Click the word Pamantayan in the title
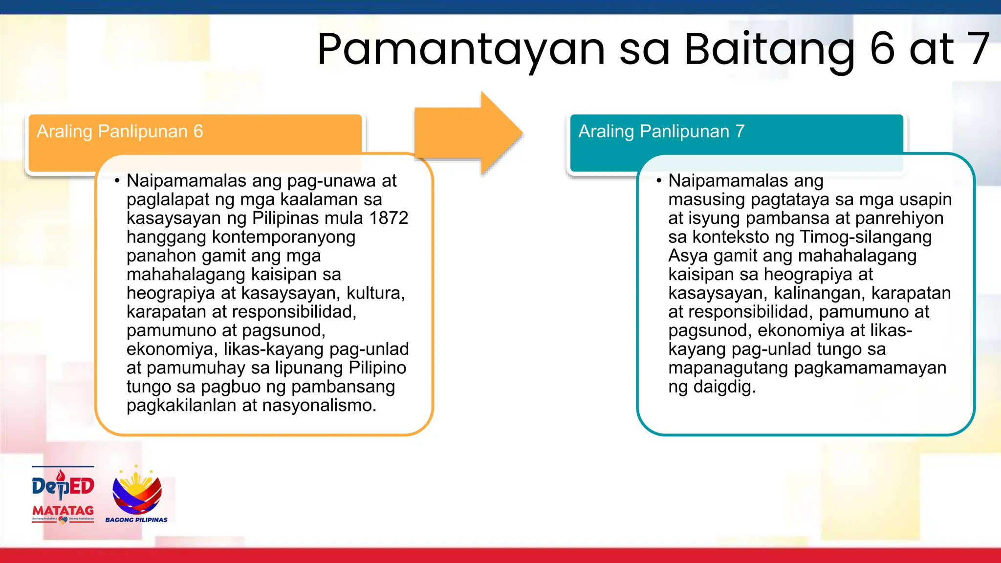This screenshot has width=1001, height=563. [460, 50]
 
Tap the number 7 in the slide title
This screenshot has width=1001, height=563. [977, 49]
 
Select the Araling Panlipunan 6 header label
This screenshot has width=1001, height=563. [120, 131]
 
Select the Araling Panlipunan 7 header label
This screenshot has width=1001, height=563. [661, 131]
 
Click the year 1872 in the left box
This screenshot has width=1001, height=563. [389, 218]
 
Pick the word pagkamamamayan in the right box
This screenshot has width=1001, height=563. [870, 368]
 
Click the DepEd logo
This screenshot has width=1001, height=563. [63, 485]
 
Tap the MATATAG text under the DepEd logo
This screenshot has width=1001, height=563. [63, 511]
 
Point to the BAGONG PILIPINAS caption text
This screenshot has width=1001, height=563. [136, 520]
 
